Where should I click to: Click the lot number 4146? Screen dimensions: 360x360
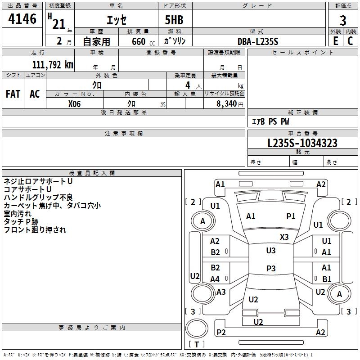pos(22,19)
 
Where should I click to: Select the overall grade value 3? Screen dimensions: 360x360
pos(343,20)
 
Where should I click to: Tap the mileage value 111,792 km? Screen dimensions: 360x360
pos(53,64)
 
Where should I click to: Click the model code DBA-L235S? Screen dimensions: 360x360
pos(258,41)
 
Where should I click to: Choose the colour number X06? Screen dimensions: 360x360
pos(74,103)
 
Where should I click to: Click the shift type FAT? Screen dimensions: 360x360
pos(13,94)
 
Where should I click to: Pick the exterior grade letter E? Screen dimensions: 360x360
pos(335,41)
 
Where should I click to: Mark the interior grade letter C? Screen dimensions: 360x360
pos(350,41)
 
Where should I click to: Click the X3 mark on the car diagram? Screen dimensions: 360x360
pos(284,237)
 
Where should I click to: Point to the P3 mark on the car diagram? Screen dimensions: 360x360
pos(271,268)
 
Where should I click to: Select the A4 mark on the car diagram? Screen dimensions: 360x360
pos(215,279)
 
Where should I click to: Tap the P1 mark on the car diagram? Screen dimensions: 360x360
pos(291,216)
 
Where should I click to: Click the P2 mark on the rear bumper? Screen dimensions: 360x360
pos(221,333)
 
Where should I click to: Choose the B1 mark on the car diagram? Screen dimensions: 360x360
pos(327,279)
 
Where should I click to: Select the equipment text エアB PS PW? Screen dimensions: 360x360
pos(270,121)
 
